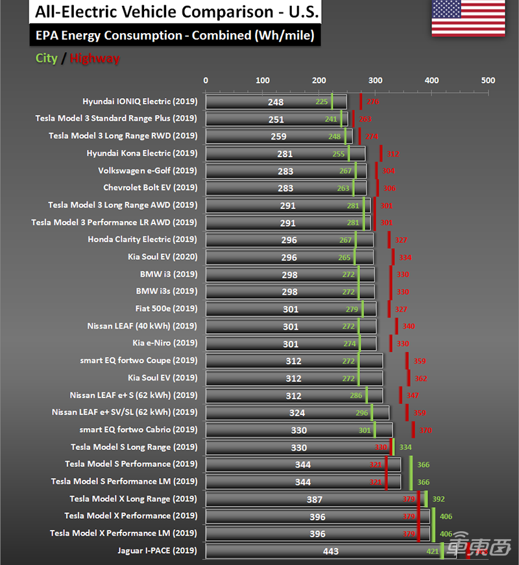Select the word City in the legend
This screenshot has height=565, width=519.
click(47, 58)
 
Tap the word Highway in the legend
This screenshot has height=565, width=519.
click(95, 58)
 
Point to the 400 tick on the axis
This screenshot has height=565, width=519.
click(431, 81)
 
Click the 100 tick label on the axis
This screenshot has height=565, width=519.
click(263, 81)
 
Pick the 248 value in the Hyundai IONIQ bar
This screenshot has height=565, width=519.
click(276, 102)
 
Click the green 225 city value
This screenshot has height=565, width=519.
click(322, 102)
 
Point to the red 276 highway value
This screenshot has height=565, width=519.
click(372, 102)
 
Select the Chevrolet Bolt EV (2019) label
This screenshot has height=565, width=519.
click(150, 188)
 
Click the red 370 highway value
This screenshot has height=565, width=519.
click(425, 430)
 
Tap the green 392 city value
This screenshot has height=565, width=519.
click(438, 499)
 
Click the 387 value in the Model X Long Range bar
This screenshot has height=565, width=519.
click(315, 499)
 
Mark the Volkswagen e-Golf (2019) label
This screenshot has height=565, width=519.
click(147, 171)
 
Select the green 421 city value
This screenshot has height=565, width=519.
click(433, 551)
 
